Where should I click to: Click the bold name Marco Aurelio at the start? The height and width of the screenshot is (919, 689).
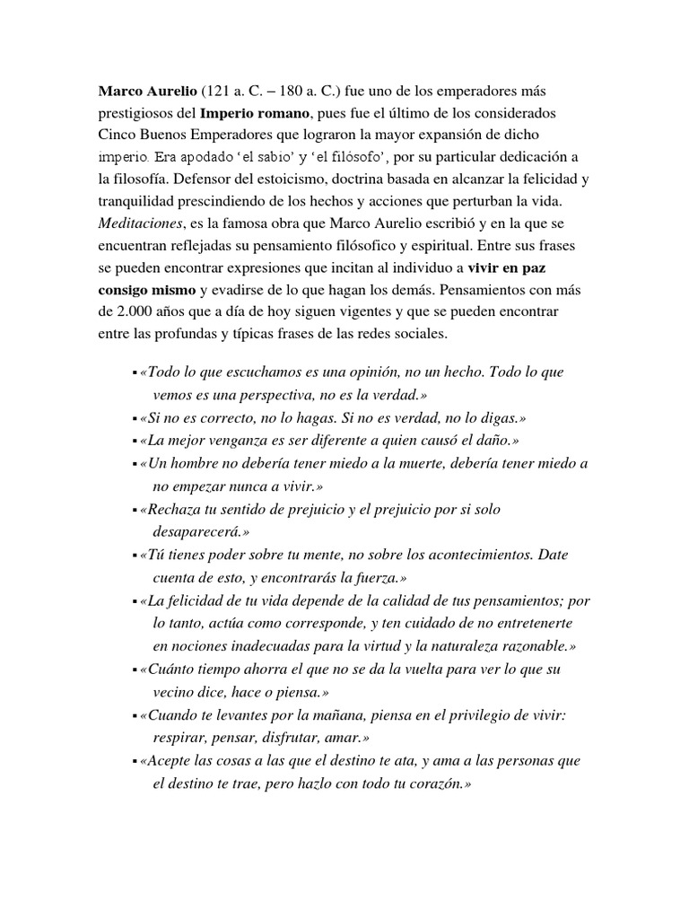146,92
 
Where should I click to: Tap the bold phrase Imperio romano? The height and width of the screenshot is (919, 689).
255,115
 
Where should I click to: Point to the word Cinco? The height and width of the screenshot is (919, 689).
118,137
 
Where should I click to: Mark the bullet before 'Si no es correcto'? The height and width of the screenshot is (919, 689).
134,418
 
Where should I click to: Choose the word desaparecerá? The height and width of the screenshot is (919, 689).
202,532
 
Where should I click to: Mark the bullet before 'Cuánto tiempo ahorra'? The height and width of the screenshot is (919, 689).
134,670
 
